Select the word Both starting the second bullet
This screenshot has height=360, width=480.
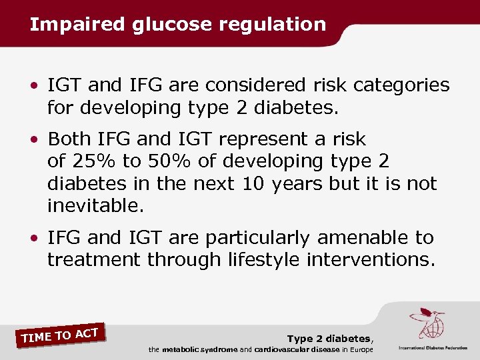click(70, 139)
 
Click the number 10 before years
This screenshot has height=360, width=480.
click(253, 183)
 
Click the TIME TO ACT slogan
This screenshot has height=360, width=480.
click(60, 335)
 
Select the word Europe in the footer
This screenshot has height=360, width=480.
click(360, 349)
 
